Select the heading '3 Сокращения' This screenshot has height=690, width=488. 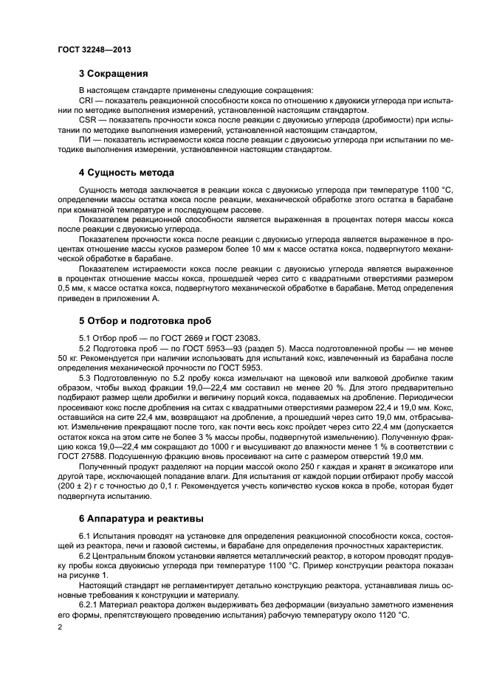point(114,73)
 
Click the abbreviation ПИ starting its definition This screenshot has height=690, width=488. point(83,140)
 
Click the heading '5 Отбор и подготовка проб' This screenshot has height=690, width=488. point(145,321)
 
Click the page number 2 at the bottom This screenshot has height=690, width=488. point(61,627)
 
